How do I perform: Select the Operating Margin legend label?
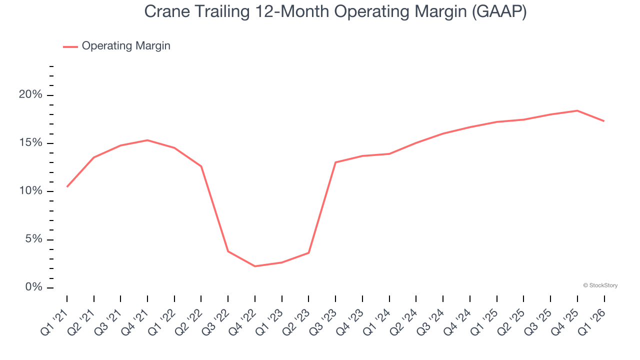(126, 46)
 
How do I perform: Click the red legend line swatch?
(70, 46)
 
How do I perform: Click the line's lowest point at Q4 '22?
(255, 266)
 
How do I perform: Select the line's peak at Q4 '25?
(577, 110)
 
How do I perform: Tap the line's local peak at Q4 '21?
(147, 140)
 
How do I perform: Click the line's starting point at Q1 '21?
(67, 186)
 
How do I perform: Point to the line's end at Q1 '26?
(604, 121)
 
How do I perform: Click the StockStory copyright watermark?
(600, 285)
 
